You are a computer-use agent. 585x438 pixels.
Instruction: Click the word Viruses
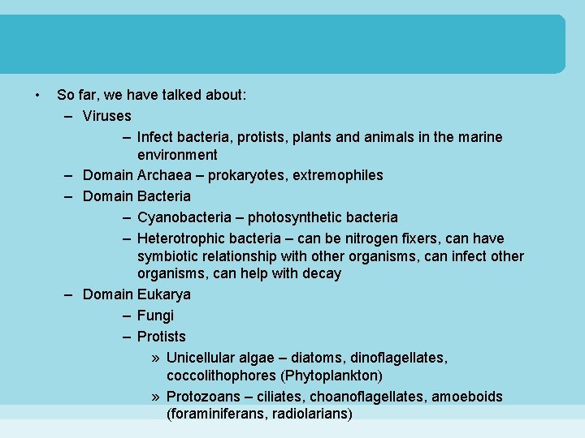coord(106,116)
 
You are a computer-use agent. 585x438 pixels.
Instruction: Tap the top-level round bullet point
coord(38,95)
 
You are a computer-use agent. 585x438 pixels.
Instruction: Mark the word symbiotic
coord(167,256)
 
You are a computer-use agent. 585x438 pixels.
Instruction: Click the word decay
coord(323,273)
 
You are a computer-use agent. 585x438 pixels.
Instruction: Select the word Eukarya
coord(164,294)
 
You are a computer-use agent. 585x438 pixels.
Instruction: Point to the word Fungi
coord(155,316)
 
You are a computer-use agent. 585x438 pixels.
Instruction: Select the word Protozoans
coord(203,397)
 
